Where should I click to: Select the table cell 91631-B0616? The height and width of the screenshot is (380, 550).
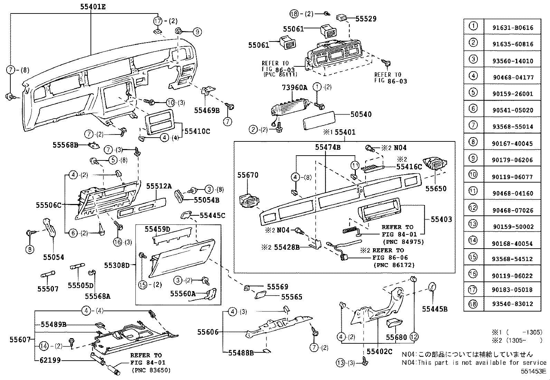pyautogui.click(x=513, y=28)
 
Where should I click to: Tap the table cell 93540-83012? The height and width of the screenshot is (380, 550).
pyautogui.click(x=513, y=304)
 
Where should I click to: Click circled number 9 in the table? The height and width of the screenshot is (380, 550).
pyautogui.click(x=473, y=159)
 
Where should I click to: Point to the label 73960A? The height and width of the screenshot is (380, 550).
pyautogui.click(x=294, y=88)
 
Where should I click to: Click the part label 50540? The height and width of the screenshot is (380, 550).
pyautogui.click(x=361, y=114)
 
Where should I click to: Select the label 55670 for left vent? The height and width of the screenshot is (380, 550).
pyautogui.click(x=248, y=175)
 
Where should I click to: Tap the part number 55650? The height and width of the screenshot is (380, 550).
pyautogui.click(x=436, y=189)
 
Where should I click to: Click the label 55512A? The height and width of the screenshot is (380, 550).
pyautogui.click(x=159, y=186)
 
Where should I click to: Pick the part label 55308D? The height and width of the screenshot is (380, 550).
pyautogui.click(x=117, y=266)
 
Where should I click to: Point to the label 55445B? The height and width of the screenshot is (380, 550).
pyautogui.click(x=435, y=309)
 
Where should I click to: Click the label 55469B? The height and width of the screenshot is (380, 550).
pyautogui.click(x=207, y=110)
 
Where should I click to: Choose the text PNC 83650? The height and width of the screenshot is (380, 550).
pyautogui.click(x=151, y=370)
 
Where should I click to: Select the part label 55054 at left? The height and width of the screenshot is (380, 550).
pyautogui.click(x=54, y=257)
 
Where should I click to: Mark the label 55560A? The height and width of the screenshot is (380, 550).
pyautogui.click(x=183, y=294)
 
